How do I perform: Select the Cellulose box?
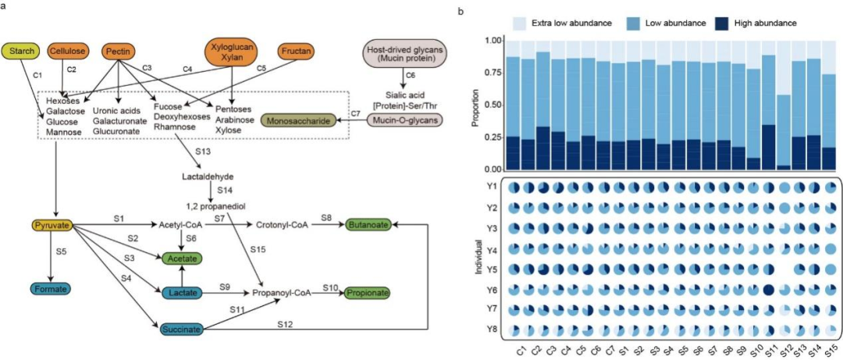pos(68,52)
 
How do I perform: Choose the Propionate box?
pos(365,292)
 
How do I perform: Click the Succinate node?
pos(182,329)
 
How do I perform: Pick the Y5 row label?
pos(492,269)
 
